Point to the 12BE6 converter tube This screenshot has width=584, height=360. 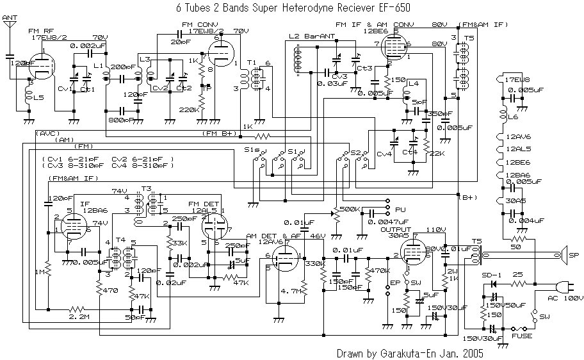pos(392,48)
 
